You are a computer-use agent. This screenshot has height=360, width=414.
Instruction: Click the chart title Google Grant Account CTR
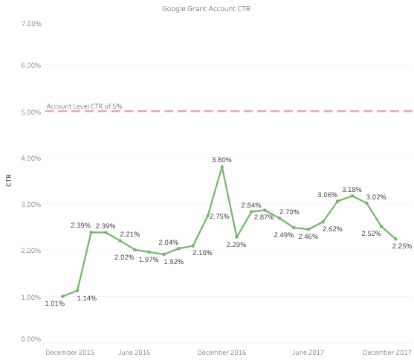(207, 9)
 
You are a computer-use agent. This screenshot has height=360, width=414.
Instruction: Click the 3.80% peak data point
(221, 167)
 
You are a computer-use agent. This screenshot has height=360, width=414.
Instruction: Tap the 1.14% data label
(87, 298)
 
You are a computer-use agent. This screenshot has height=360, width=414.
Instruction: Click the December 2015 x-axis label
(70, 352)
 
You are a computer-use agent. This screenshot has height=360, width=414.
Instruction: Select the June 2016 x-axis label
(135, 352)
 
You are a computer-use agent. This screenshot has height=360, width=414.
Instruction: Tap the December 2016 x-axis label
(221, 352)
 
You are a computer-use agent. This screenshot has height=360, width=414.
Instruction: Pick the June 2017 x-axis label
(308, 352)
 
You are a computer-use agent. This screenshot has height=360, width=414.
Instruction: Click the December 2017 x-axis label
(387, 352)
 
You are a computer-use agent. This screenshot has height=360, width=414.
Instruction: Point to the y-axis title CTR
(9, 179)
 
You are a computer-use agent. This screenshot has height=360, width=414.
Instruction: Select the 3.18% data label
(352, 190)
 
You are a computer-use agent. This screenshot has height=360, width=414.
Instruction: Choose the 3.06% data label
(328, 195)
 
